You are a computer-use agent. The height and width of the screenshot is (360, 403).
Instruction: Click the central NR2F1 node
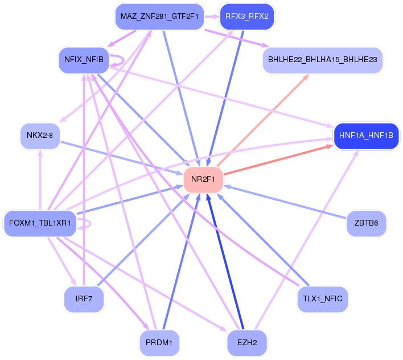(x=203, y=179)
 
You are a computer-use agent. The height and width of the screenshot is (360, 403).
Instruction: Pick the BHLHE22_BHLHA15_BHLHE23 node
(x=322, y=59)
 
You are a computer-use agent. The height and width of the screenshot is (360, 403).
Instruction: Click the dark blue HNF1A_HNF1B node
(x=368, y=136)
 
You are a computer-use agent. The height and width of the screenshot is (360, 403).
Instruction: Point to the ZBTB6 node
(x=366, y=223)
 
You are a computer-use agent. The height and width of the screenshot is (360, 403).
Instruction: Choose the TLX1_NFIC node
(x=323, y=298)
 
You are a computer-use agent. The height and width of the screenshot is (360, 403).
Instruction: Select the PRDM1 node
(x=159, y=343)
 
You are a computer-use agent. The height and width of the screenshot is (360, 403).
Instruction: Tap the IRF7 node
(x=84, y=299)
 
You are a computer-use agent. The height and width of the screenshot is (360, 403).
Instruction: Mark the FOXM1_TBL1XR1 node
(x=39, y=223)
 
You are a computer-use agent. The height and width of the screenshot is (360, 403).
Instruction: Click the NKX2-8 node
(x=40, y=136)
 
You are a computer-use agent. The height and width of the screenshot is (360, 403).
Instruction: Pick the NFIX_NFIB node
(x=84, y=59)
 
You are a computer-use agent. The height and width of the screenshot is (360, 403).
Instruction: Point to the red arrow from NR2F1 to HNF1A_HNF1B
(x=279, y=159)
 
